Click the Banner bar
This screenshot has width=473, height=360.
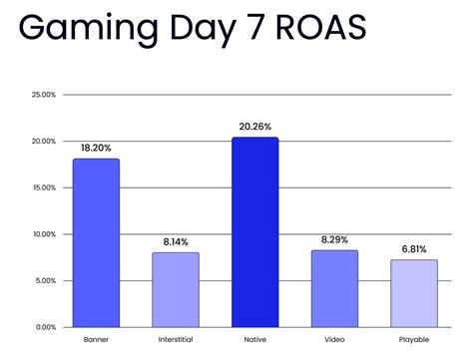(x=96, y=242)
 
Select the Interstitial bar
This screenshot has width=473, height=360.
(x=176, y=289)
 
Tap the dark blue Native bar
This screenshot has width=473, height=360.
(x=254, y=232)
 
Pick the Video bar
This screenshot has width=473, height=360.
(x=333, y=288)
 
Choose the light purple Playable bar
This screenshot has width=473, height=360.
(x=413, y=293)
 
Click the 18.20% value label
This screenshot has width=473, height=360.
(x=96, y=148)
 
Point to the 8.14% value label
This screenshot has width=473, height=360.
(x=176, y=241)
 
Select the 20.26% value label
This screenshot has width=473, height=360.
(x=254, y=127)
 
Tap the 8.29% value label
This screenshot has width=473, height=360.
(x=333, y=239)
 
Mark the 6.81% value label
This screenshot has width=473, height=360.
(x=413, y=248)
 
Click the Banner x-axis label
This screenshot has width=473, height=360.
(x=96, y=340)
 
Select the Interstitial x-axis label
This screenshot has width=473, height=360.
(x=176, y=340)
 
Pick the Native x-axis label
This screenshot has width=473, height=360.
(x=254, y=340)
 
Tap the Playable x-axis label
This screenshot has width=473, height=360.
(x=413, y=340)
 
